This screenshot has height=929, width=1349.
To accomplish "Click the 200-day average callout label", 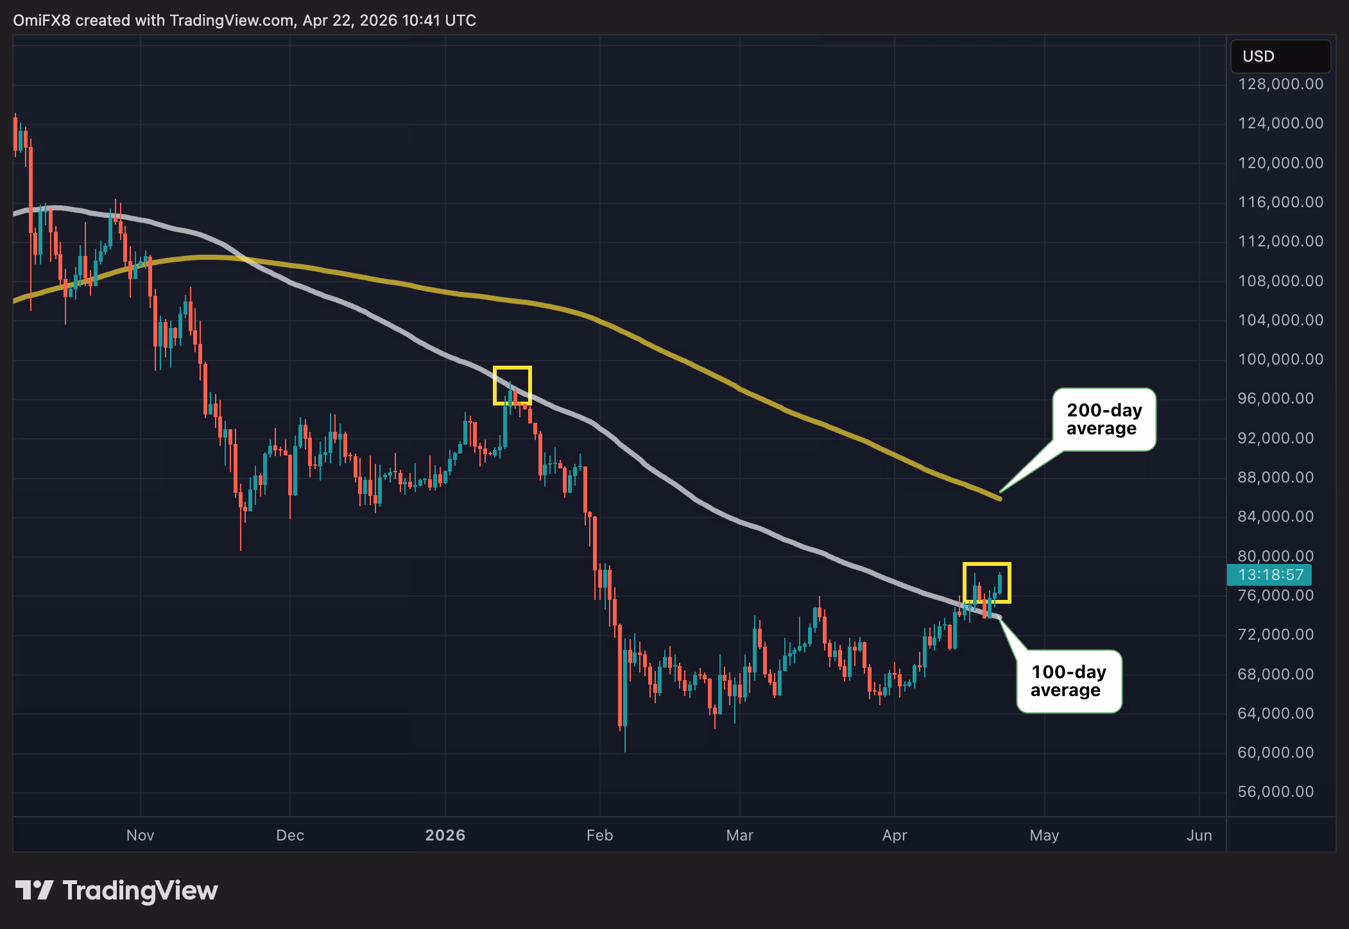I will click(1104, 420).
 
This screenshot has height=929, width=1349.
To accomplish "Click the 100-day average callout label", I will click(1069, 681).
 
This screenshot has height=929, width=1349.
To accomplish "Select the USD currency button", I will click(1280, 56).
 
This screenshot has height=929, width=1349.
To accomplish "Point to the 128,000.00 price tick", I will click(1280, 84).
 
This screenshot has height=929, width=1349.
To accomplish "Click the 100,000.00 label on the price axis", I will click(1280, 359).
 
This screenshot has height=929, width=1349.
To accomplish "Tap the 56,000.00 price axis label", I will click(1275, 792).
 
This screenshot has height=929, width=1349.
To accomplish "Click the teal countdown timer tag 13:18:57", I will click(1270, 575).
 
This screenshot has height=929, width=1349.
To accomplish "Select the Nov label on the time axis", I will click(140, 835).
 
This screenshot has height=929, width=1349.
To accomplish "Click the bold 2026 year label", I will click(445, 835).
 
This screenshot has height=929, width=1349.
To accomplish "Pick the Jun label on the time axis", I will click(1199, 835).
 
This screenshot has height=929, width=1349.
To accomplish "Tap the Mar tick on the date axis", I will click(739, 835).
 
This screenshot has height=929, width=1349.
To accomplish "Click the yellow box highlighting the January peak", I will click(511, 386).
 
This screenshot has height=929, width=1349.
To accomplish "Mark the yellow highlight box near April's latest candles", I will click(986, 583).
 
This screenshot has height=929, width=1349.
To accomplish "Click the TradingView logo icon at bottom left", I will click(35, 890).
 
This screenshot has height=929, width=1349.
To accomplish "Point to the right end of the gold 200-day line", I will click(999, 498).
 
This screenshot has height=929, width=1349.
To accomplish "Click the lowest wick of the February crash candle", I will click(624, 749).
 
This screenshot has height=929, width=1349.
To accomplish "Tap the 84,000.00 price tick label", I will click(1275, 516).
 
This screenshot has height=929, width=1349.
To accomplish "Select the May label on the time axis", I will click(1044, 835).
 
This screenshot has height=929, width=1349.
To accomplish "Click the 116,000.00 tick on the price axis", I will click(1280, 202).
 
